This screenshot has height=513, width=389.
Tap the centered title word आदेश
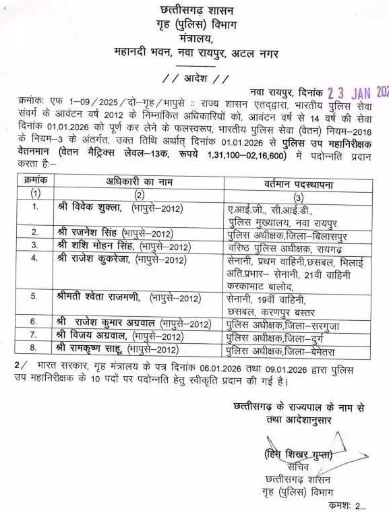click(196, 78)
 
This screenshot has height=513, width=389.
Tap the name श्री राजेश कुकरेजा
click(94, 259)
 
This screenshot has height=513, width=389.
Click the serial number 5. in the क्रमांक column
click(35, 297)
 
